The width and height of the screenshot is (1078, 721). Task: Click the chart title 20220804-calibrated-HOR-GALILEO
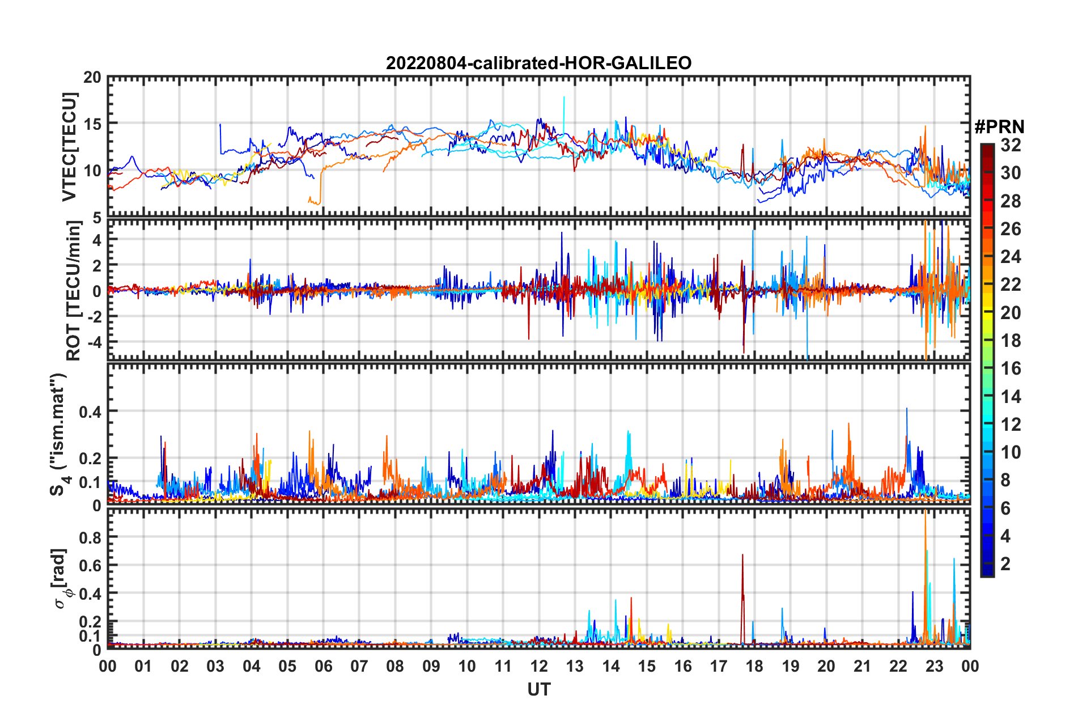[538, 63]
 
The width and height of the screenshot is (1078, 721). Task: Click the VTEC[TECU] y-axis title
[69, 147]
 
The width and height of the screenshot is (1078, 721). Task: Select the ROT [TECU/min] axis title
[74, 291]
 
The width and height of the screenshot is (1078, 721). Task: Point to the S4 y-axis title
[60, 434]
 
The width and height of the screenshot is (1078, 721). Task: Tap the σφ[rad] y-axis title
[62, 579]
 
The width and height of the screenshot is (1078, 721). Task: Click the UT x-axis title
[538, 689]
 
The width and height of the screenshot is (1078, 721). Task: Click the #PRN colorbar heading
[999, 127]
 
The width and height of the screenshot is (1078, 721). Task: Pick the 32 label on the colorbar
[1011, 145]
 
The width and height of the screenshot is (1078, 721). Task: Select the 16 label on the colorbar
[1011, 368]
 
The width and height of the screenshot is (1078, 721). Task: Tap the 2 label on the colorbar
[1005, 563]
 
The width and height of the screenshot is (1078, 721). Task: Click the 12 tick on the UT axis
[539, 666]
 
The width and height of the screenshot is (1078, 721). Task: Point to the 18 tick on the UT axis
[754, 666]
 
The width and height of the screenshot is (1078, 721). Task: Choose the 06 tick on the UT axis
[323, 666]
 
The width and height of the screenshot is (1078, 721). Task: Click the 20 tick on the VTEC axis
[92, 78]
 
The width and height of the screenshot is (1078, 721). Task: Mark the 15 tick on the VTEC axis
[92, 124]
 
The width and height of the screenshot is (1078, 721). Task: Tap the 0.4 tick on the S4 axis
[90, 412]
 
